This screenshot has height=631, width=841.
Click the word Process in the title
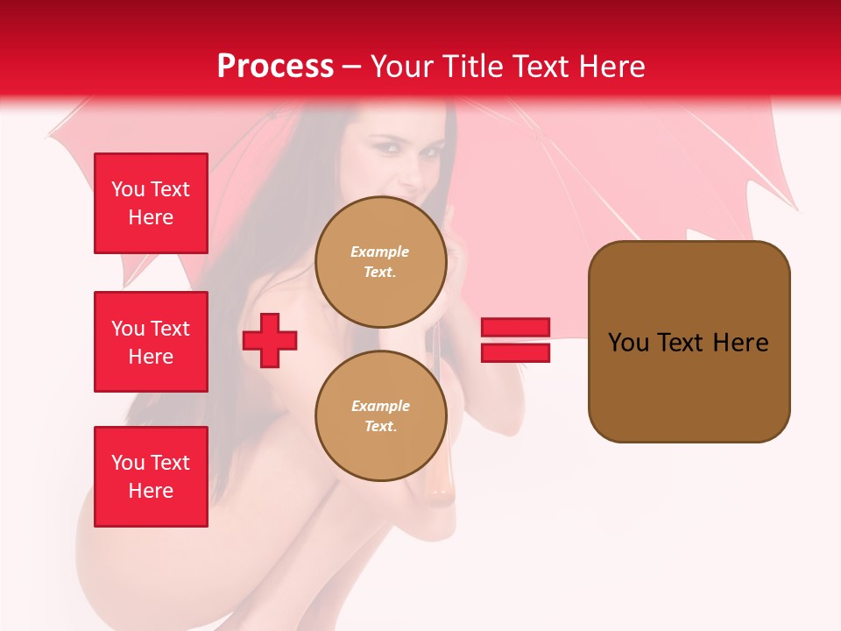[275, 67]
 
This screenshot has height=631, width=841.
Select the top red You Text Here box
[151, 203]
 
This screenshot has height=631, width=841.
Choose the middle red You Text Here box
[151, 342]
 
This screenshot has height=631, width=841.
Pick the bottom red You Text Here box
[151, 477]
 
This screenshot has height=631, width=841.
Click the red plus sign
[270, 341]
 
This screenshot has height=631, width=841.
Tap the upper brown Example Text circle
[380, 262]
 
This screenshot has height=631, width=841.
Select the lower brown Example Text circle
[380, 416]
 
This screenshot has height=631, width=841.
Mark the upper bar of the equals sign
[515, 328]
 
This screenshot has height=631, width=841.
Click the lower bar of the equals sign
[515, 352]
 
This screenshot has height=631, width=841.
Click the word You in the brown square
[628, 343]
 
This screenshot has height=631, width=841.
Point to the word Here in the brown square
[740, 343]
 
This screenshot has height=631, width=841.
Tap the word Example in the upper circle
[380, 252]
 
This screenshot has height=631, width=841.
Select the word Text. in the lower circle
[380, 427]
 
